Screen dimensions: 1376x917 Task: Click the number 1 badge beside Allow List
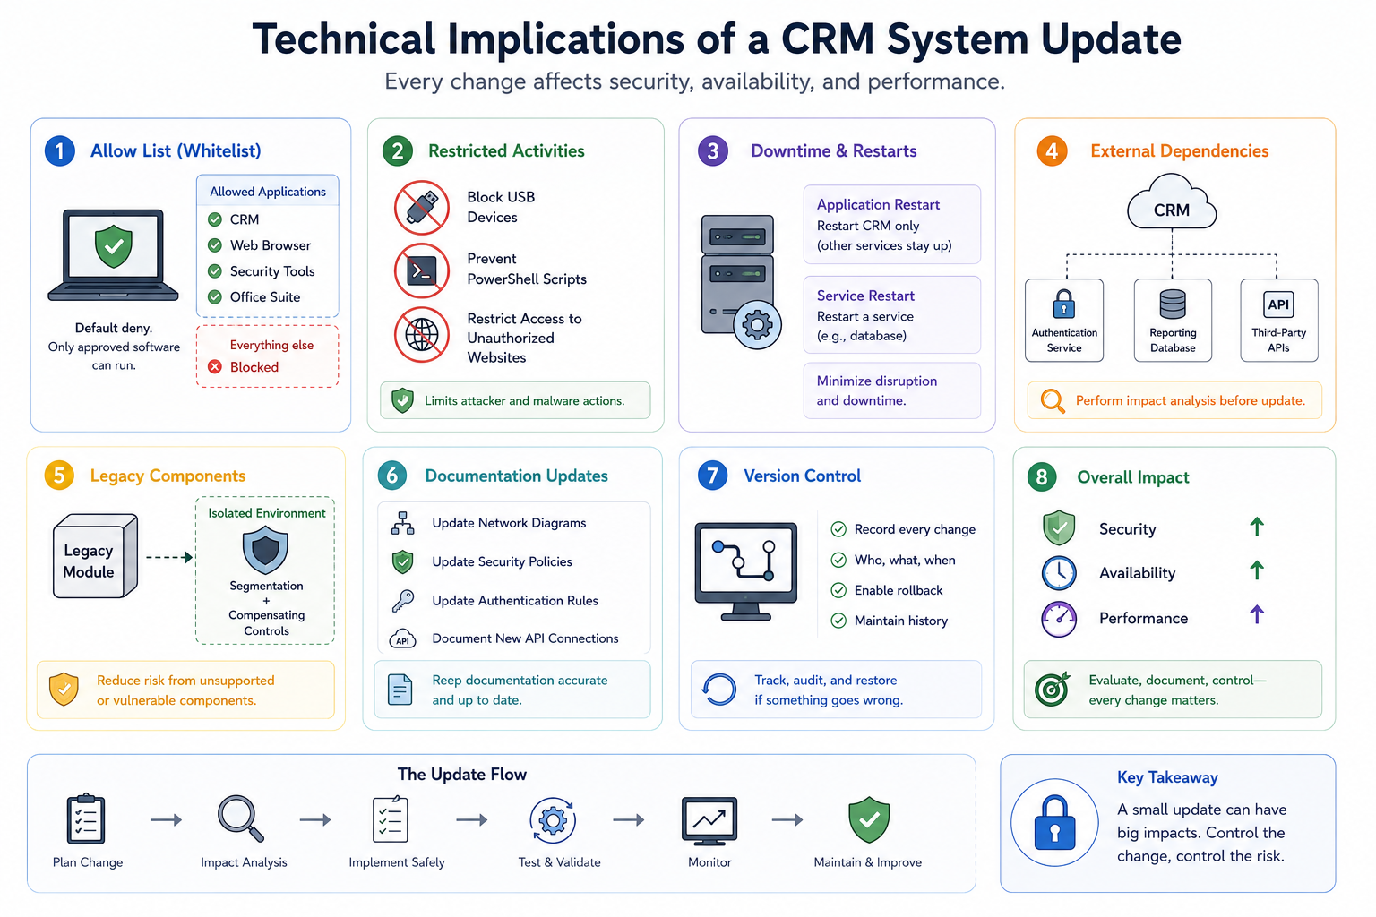pyautogui.click(x=60, y=151)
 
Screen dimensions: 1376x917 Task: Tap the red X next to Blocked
pyautogui.click(x=214, y=367)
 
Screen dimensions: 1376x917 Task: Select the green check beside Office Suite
pyautogui.click(x=214, y=297)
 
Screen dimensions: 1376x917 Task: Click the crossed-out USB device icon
pyautogui.click(x=421, y=208)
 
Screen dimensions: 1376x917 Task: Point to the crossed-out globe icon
pyautogui.click(x=421, y=335)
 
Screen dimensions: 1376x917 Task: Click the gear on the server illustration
pyautogui.click(x=757, y=326)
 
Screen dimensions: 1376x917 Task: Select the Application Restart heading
pyautogui.click(x=878, y=204)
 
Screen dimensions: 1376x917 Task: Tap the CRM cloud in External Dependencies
pyautogui.click(x=1172, y=202)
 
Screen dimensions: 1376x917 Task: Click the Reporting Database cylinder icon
pyautogui.click(x=1172, y=304)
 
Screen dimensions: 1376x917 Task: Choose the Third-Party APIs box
pyautogui.click(x=1279, y=320)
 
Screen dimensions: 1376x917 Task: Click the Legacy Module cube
pyautogui.click(x=95, y=556)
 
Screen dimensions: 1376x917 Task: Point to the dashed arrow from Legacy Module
pyautogui.click(x=169, y=558)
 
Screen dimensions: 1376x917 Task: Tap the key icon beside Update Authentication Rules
pyautogui.click(x=403, y=601)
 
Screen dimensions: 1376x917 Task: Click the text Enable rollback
pyautogui.click(x=899, y=590)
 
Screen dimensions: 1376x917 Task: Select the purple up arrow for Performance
pyautogui.click(x=1257, y=614)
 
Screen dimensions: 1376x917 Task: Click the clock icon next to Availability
pyautogui.click(x=1058, y=572)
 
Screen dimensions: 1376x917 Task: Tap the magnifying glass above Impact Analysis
pyautogui.click(x=241, y=818)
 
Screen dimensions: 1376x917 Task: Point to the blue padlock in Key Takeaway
pyautogui.click(x=1054, y=823)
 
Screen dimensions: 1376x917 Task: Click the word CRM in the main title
pyautogui.click(x=828, y=39)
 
